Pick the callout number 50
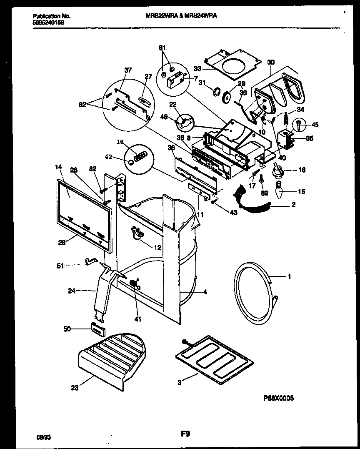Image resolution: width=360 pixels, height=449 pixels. (67, 329)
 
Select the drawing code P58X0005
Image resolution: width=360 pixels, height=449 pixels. (278, 398)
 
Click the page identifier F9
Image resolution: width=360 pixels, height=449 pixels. (185, 434)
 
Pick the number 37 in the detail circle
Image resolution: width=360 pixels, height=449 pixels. (127, 70)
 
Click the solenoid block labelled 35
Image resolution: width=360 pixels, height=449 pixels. (285, 139)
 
